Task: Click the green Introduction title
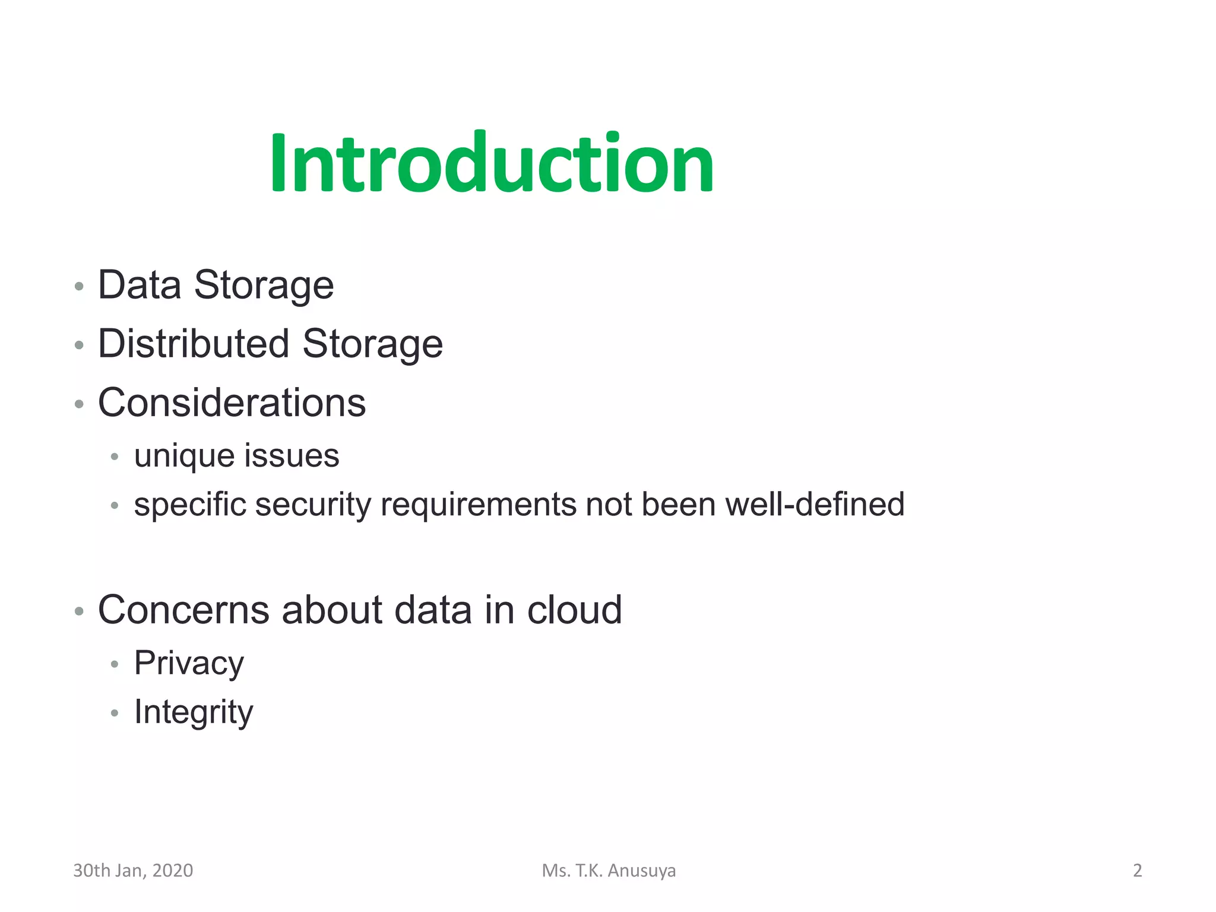tap(492, 163)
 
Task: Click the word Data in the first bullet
tap(139, 285)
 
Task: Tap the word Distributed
tap(194, 344)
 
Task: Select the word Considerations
tap(232, 403)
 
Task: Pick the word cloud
tap(574, 610)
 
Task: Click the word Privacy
tap(189, 663)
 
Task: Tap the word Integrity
tap(194, 712)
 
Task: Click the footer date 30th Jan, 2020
tap(133, 870)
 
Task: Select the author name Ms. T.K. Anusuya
tap(609, 870)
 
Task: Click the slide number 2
tap(1137, 870)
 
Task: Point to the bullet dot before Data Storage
tap(79, 287)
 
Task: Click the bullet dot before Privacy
tap(115, 664)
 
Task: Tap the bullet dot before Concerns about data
tap(79, 611)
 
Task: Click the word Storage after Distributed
tap(372, 344)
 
